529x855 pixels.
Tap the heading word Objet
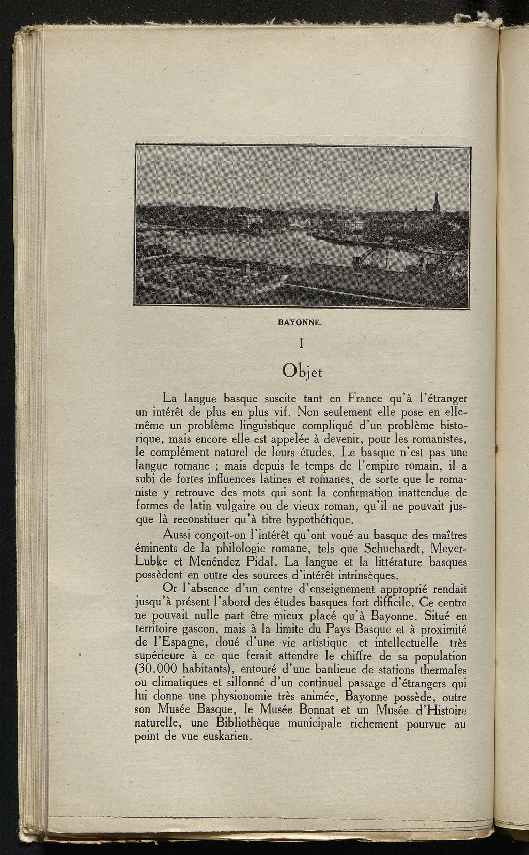click(x=303, y=370)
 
